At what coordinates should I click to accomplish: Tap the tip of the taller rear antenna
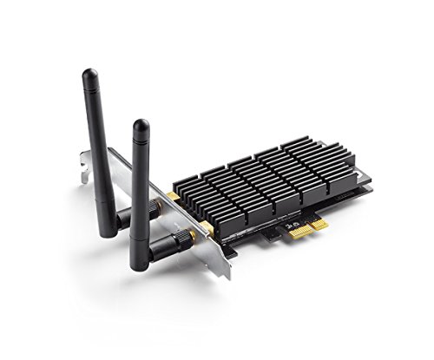click(89, 74)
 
